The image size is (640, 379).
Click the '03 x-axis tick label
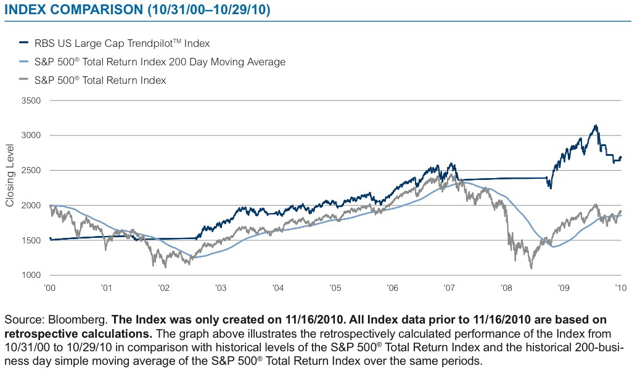(221, 288)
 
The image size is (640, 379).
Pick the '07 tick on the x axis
(450, 288)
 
